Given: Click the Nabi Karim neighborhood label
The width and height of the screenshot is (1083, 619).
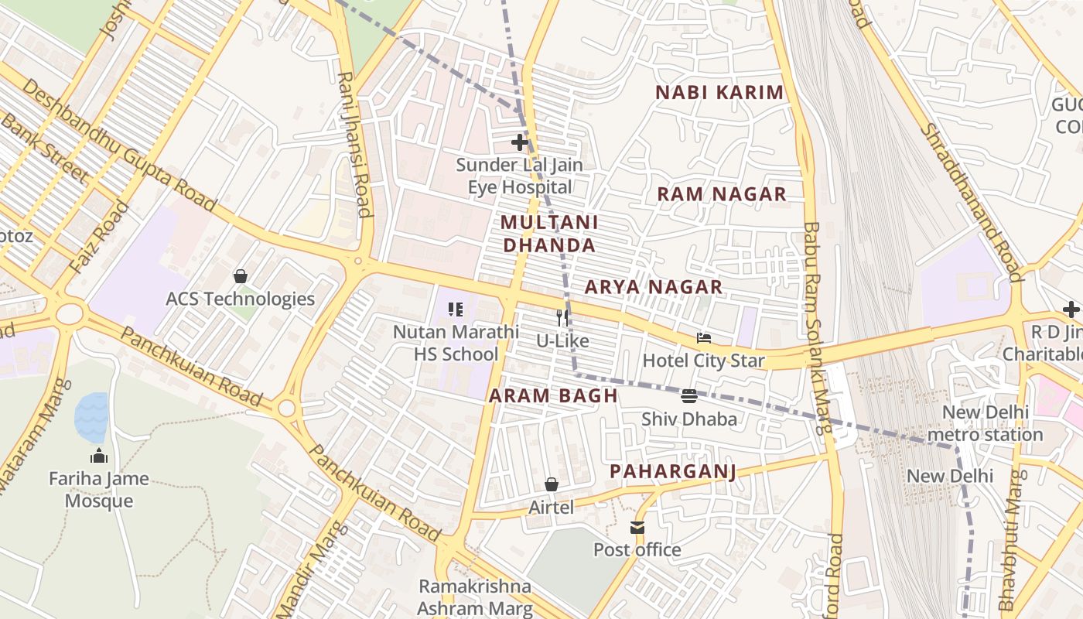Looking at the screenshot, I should click(x=719, y=93).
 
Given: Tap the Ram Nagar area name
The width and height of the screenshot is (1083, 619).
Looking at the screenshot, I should click(x=722, y=194).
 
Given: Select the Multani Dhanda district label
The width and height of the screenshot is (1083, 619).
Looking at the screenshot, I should click(x=548, y=234).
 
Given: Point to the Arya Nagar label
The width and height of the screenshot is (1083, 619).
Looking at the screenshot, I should click(x=654, y=287).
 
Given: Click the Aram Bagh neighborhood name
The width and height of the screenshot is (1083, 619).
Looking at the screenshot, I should click(x=553, y=395).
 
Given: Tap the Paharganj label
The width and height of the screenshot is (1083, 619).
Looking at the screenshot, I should click(x=672, y=471).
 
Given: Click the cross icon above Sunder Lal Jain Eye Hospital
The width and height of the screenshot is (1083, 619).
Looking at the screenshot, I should click(x=520, y=142).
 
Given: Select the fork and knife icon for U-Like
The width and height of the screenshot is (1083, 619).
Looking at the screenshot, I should click(x=562, y=317).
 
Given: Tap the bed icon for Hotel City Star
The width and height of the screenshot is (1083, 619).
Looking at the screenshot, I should click(x=703, y=337).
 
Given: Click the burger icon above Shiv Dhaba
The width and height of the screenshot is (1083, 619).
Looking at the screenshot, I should click(x=689, y=396).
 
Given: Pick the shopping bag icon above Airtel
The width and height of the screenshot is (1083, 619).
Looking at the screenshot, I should click(x=552, y=484).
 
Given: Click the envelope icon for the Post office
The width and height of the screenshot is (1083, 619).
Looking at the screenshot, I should click(x=637, y=528).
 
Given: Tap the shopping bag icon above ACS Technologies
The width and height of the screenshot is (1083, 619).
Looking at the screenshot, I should click(x=241, y=276).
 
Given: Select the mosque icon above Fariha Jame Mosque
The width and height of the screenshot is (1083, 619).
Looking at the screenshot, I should click(x=98, y=456).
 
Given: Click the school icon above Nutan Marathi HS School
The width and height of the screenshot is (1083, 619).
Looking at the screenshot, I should click(x=456, y=309).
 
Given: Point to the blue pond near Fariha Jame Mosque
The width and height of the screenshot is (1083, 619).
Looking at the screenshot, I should click(x=91, y=416).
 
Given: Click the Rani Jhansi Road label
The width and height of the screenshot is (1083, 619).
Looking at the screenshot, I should click(x=354, y=145).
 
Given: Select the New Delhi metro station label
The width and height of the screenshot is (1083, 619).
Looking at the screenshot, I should click(x=985, y=423).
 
